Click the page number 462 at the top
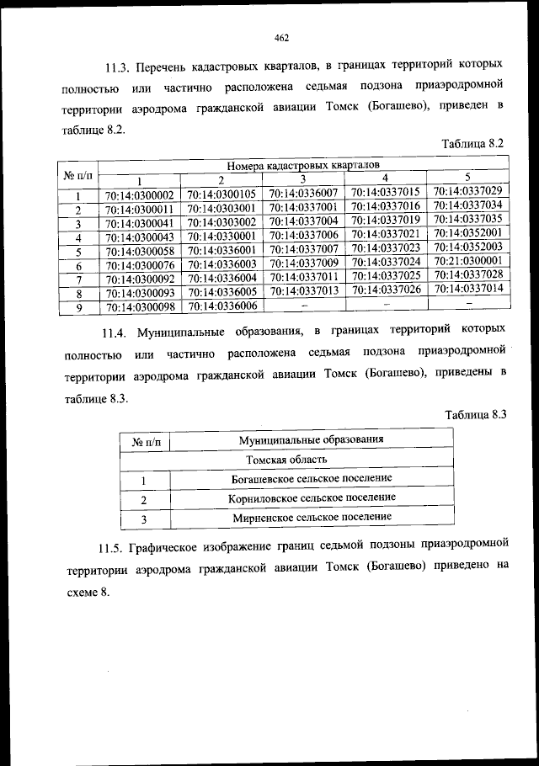coord(281,36)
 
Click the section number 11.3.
coord(119,66)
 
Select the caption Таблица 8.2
coord(472,143)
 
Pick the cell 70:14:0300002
coord(139,195)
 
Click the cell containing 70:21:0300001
coord(467,261)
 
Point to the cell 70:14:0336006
coord(221,306)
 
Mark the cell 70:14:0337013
coord(303,290)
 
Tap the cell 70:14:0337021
coord(385,233)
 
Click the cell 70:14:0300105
coord(221,194)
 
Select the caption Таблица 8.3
coord(473,413)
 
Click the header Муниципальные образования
coord(311,439)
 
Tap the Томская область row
coord(286,460)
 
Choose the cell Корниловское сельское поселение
coord(311,498)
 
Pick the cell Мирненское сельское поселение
coord(311,517)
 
